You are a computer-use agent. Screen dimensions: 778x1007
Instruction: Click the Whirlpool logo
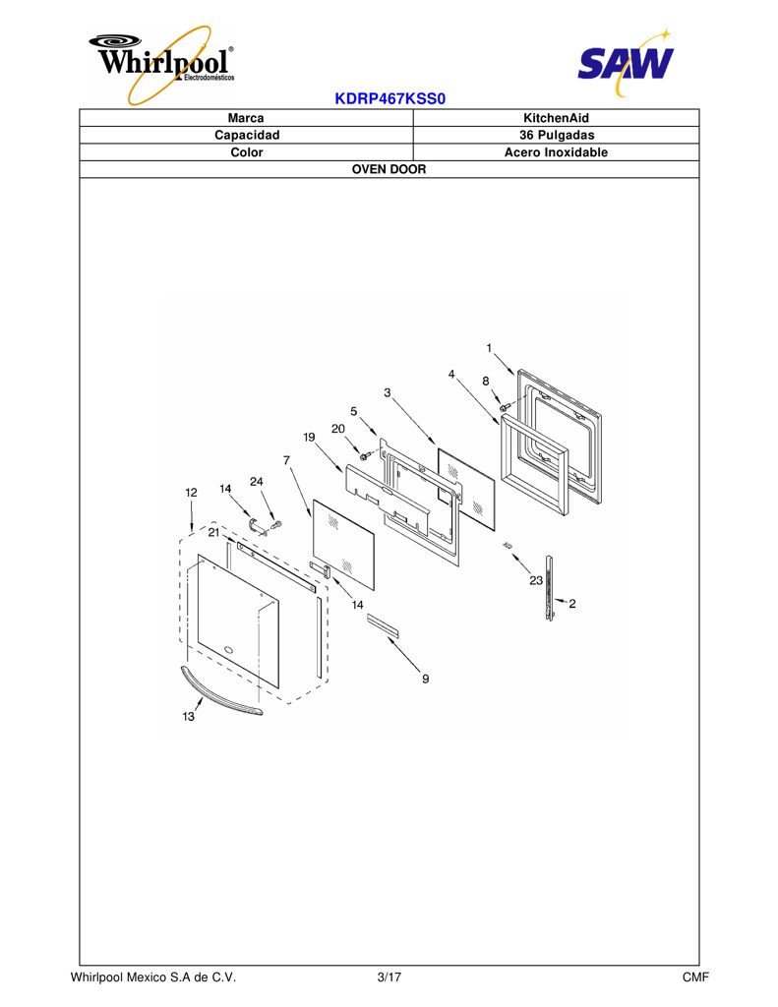tap(162, 64)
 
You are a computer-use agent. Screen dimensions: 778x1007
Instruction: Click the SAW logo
tap(626, 62)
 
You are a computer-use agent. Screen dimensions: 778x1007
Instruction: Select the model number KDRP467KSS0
tap(389, 99)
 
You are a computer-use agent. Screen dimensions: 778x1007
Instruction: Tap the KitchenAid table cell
tap(556, 118)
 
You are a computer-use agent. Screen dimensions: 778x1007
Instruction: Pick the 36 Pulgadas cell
tap(557, 136)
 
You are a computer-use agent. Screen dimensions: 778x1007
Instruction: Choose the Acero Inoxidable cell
tap(556, 152)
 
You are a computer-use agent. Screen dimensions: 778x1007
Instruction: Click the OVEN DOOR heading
tap(389, 169)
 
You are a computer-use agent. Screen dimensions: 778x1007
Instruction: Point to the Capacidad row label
tap(247, 136)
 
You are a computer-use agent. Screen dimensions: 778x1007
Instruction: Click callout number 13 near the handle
tap(188, 716)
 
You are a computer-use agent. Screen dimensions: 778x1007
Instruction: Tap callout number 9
tap(425, 679)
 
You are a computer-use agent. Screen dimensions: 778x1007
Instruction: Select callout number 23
tap(536, 580)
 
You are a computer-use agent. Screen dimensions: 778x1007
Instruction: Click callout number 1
tap(489, 348)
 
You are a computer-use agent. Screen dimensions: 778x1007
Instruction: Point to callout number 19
tap(309, 438)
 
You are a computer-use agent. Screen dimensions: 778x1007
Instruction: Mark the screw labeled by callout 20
tap(364, 456)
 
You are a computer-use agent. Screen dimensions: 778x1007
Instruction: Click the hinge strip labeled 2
tap(549, 589)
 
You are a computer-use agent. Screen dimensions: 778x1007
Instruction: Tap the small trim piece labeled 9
tap(383, 625)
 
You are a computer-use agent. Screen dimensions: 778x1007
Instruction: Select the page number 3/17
tap(389, 977)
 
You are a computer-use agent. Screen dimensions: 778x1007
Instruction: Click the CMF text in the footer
tap(695, 977)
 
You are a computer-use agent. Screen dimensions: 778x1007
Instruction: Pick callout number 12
tap(191, 493)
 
